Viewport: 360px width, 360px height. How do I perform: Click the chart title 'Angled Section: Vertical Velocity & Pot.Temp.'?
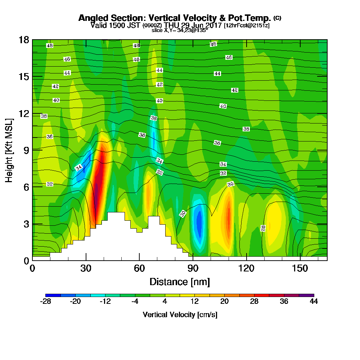[175, 18]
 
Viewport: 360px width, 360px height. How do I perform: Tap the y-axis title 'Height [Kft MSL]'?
[9, 150]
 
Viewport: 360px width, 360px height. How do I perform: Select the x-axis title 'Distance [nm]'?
[180, 282]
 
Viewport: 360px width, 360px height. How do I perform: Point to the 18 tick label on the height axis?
[24, 40]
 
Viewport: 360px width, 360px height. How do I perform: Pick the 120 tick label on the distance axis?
[246, 268]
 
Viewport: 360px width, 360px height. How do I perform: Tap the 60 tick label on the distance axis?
[139, 268]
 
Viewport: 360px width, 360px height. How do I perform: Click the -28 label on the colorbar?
[45, 301]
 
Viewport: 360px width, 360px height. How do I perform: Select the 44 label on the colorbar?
[314, 301]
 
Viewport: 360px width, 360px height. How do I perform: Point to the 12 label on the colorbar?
[194, 301]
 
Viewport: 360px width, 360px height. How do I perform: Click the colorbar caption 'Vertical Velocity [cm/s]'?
[180, 315]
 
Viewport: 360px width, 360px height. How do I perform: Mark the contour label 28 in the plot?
[263, 228]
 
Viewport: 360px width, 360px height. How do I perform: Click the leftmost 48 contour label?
[50, 45]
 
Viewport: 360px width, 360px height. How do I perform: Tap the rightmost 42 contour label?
[234, 90]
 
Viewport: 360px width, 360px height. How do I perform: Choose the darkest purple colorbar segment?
[306, 295]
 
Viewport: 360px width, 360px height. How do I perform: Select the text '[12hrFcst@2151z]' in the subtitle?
[247, 25]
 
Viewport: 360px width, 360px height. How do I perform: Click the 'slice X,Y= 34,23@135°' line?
[180, 30]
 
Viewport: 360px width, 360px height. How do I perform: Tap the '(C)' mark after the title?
[277, 18]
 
